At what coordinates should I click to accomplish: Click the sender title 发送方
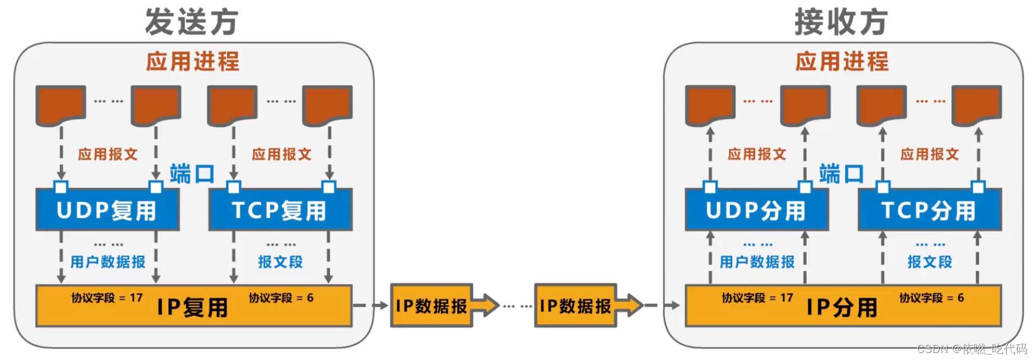pyautogui.click(x=191, y=22)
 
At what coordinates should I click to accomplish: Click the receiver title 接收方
pyautogui.click(x=841, y=22)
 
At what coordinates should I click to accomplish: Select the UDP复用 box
pyautogui.click(x=107, y=210)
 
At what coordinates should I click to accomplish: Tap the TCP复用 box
pyautogui.click(x=280, y=210)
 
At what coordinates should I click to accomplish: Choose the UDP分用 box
pyautogui.click(x=756, y=210)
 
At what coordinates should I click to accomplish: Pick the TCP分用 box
pyautogui.click(x=929, y=210)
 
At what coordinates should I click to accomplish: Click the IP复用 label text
pyautogui.click(x=193, y=308)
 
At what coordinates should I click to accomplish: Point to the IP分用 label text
pyautogui.click(x=841, y=308)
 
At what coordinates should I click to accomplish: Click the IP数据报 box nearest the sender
pyautogui.click(x=431, y=306)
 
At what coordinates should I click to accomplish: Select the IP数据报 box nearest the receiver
pyautogui.click(x=575, y=306)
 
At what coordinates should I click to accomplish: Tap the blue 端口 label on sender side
pyautogui.click(x=192, y=174)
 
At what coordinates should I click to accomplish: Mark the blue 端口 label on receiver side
pyautogui.click(x=841, y=174)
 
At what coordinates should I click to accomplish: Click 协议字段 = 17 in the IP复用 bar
pyautogui.click(x=107, y=298)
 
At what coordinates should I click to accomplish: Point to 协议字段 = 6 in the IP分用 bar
pyautogui.click(x=931, y=298)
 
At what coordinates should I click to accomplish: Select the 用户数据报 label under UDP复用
pyautogui.click(x=108, y=262)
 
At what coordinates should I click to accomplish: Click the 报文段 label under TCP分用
pyautogui.click(x=930, y=262)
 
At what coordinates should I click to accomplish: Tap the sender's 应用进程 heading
pyautogui.click(x=193, y=61)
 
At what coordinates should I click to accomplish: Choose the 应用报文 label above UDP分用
pyautogui.click(x=757, y=155)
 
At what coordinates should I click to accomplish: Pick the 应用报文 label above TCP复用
pyautogui.click(x=281, y=155)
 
